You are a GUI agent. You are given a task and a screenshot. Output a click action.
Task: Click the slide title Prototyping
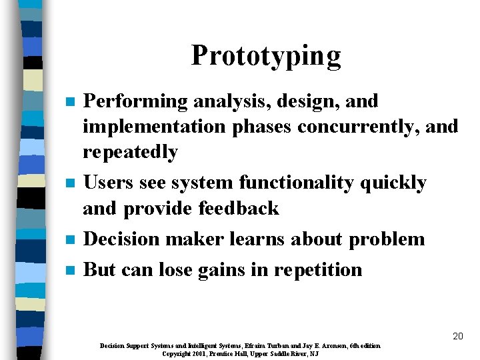pyautogui.click(x=265, y=56)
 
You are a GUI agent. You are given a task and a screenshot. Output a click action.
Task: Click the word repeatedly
pyautogui.click(x=130, y=152)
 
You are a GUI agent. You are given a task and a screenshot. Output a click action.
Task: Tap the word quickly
pyautogui.click(x=394, y=183)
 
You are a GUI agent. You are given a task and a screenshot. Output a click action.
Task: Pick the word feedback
pyautogui.click(x=239, y=208)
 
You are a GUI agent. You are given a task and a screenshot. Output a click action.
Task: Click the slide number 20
pyautogui.click(x=457, y=337)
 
